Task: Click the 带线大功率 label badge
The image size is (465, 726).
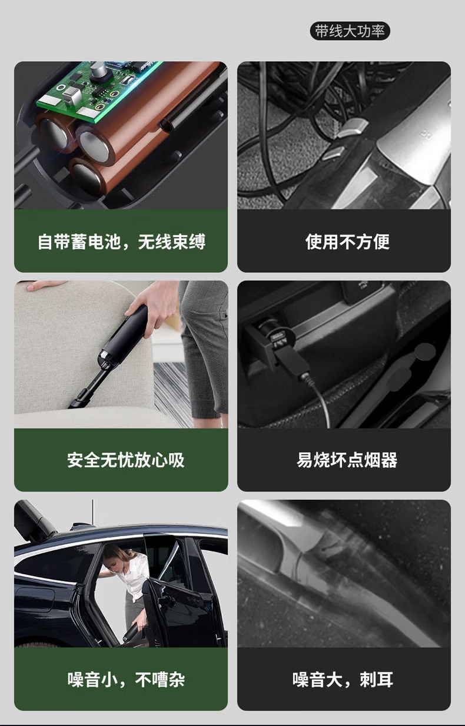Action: click(350, 31)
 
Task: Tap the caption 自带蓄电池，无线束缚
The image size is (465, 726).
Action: click(121, 242)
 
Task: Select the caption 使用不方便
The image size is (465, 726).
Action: click(347, 242)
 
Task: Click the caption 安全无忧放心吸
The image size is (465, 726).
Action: click(126, 460)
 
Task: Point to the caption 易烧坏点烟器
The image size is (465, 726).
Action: click(347, 460)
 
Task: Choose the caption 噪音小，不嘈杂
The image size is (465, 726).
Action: click(126, 680)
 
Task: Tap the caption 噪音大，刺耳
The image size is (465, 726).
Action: click(343, 680)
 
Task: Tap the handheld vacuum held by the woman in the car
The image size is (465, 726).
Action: click(133, 630)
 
